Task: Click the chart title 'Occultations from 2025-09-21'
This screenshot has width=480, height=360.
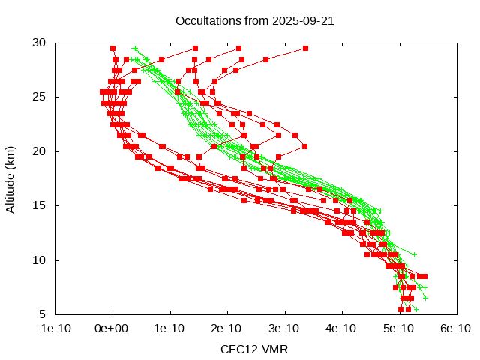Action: [x=254, y=21]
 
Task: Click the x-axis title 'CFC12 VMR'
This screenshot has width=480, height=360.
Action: [x=254, y=349]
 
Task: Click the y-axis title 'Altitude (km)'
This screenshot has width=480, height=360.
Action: [x=11, y=178]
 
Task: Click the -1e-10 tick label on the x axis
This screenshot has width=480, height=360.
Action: [x=55, y=328]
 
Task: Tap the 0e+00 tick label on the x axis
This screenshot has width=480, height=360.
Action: [x=112, y=328]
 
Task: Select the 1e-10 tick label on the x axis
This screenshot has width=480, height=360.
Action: [x=169, y=328]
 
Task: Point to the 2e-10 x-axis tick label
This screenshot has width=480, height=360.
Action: [x=226, y=328]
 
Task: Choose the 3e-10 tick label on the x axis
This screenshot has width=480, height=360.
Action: [x=284, y=328]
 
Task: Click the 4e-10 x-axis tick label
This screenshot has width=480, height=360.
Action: [x=341, y=328]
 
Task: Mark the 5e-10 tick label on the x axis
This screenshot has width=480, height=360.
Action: [x=398, y=328]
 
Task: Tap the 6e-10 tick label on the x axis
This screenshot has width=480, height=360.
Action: [x=455, y=328]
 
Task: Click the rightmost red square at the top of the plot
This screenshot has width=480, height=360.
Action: [x=305, y=48]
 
